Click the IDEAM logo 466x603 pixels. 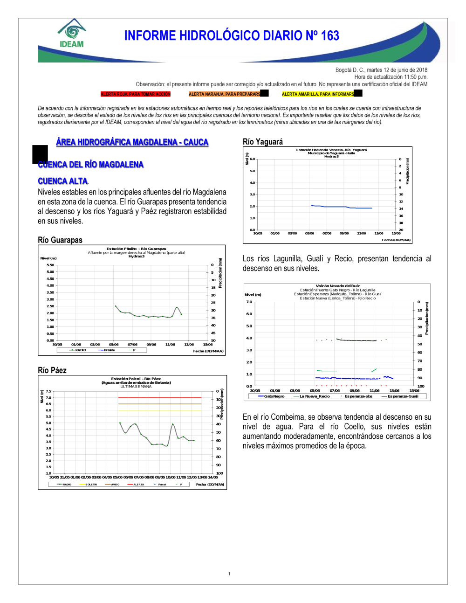coord(72,34)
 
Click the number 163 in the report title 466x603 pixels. coord(329,36)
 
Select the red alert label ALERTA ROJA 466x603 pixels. coord(136,94)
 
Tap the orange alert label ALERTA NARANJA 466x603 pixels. coord(225,94)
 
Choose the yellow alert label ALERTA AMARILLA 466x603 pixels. coord(318,94)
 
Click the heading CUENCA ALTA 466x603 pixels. coord(63,181)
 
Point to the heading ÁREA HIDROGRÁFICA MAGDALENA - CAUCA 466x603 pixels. coord(132,142)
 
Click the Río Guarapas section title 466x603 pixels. coord(60,240)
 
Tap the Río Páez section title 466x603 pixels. coord(52,370)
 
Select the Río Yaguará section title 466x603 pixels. coord(263,142)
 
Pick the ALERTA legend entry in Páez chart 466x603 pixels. coord(138,485)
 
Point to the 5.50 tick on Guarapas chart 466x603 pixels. coord(50,265)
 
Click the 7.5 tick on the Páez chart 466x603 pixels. coord(48,392)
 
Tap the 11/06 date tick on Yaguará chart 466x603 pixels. coord(361,233)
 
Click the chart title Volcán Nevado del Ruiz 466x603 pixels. coord(337,286)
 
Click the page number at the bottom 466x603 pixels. coord(229,574)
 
